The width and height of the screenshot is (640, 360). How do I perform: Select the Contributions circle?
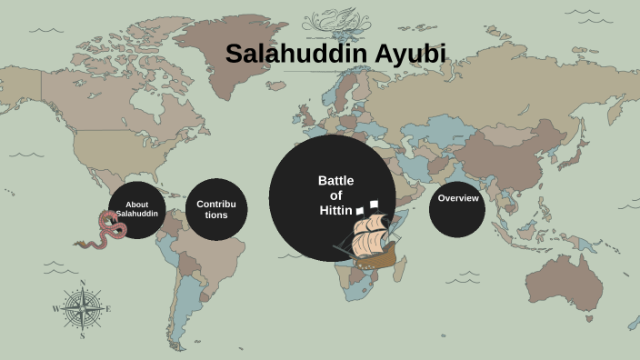pyautogui.click(x=216, y=210)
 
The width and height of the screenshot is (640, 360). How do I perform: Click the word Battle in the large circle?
pyautogui.click(x=335, y=180)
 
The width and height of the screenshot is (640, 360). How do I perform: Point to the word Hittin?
pyautogui.click(x=335, y=210)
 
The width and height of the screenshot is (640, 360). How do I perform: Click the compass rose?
pyautogui.click(x=83, y=309)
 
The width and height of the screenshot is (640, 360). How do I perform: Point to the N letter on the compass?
pyautogui.click(x=83, y=283)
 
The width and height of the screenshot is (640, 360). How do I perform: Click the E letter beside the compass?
pyautogui.click(x=109, y=309)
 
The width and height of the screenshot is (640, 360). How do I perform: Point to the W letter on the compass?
pyautogui.click(x=55, y=309)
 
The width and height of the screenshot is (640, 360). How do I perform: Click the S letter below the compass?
pyautogui.click(x=82, y=335)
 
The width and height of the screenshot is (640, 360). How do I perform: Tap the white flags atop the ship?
pyautogui.click(x=367, y=206)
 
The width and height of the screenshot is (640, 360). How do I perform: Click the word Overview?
pyautogui.click(x=457, y=198)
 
